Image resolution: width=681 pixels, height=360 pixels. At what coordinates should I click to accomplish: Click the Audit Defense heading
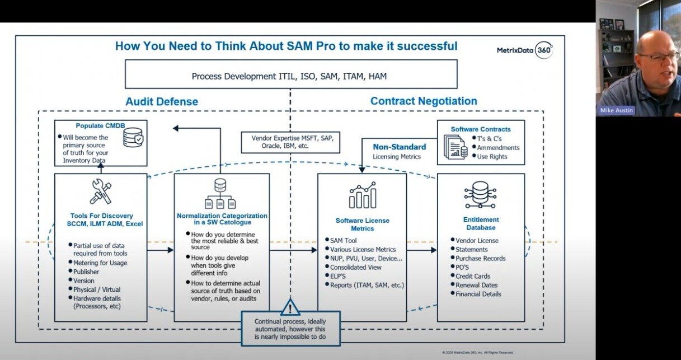click(x=162, y=101)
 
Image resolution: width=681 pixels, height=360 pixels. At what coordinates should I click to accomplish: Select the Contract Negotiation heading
click(x=424, y=101)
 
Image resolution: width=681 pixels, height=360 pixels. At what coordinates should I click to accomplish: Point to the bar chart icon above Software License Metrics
click(x=362, y=194)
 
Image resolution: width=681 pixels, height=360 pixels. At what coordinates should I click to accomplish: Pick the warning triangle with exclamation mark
click(x=290, y=307)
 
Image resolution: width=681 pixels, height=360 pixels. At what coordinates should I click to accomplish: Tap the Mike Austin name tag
click(x=616, y=110)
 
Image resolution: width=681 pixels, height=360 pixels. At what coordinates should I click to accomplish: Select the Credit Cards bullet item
click(x=473, y=276)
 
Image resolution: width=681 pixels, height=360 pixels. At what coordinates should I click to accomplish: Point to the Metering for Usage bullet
click(x=100, y=263)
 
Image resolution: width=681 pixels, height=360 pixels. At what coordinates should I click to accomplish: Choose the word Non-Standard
click(x=400, y=147)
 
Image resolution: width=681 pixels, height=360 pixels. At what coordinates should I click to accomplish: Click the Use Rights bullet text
click(x=492, y=157)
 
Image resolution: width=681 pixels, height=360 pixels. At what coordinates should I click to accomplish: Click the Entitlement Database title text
click(x=481, y=223)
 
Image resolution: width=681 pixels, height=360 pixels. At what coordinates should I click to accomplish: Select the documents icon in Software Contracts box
click(x=455, y=147)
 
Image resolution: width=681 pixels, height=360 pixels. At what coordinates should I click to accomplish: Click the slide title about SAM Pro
click(x=286, y=46)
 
